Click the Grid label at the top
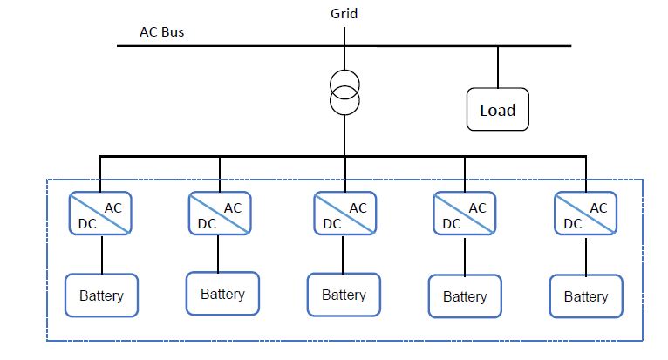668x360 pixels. (344, 13)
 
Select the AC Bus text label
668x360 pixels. (161, 32)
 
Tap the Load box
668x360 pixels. (498, 110)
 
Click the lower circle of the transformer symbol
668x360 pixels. (344, 102)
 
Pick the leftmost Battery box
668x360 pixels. (102, 295)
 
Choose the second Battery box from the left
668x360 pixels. (222, 294)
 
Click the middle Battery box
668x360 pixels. (344, 295)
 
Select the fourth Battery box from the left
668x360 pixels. (465, 296)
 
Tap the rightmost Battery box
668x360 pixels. (585, 296)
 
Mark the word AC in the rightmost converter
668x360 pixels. (598, 207)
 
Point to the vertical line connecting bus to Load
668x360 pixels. (498, 67)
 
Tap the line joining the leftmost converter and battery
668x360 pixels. (102, 255)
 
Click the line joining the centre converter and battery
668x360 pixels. (344, 255)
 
